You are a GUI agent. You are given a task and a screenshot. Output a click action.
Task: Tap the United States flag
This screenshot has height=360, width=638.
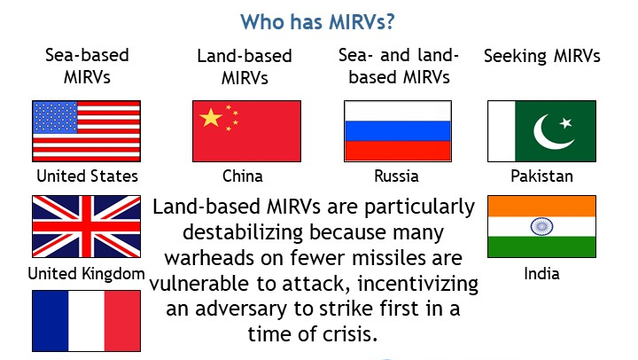click(86, 130)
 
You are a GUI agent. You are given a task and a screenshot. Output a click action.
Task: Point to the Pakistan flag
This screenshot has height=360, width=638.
click(541, 130)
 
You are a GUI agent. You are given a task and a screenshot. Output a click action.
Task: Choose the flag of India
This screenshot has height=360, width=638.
click(541, 226)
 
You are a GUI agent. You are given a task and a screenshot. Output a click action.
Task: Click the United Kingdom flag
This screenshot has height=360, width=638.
click(86, 226)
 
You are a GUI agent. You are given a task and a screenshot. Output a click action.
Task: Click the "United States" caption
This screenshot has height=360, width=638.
click(87, 176)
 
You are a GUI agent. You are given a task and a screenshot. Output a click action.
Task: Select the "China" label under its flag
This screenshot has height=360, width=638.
click(242, 176)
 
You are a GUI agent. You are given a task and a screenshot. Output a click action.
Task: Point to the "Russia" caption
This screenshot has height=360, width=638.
click(396, 176)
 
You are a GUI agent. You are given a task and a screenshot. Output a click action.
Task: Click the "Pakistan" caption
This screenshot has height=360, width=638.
click(541, 176)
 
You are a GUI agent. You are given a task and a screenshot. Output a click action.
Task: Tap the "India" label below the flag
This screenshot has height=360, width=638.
click(541, 274)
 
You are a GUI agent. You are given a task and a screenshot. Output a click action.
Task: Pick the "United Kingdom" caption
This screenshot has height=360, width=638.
click(86, 274)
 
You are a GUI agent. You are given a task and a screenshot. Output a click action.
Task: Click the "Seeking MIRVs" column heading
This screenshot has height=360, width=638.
click(541, 56)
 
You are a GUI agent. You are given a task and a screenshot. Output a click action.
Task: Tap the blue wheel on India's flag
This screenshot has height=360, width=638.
click(541, 226)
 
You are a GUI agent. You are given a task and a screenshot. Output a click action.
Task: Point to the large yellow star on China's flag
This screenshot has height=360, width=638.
click(210, 117)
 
